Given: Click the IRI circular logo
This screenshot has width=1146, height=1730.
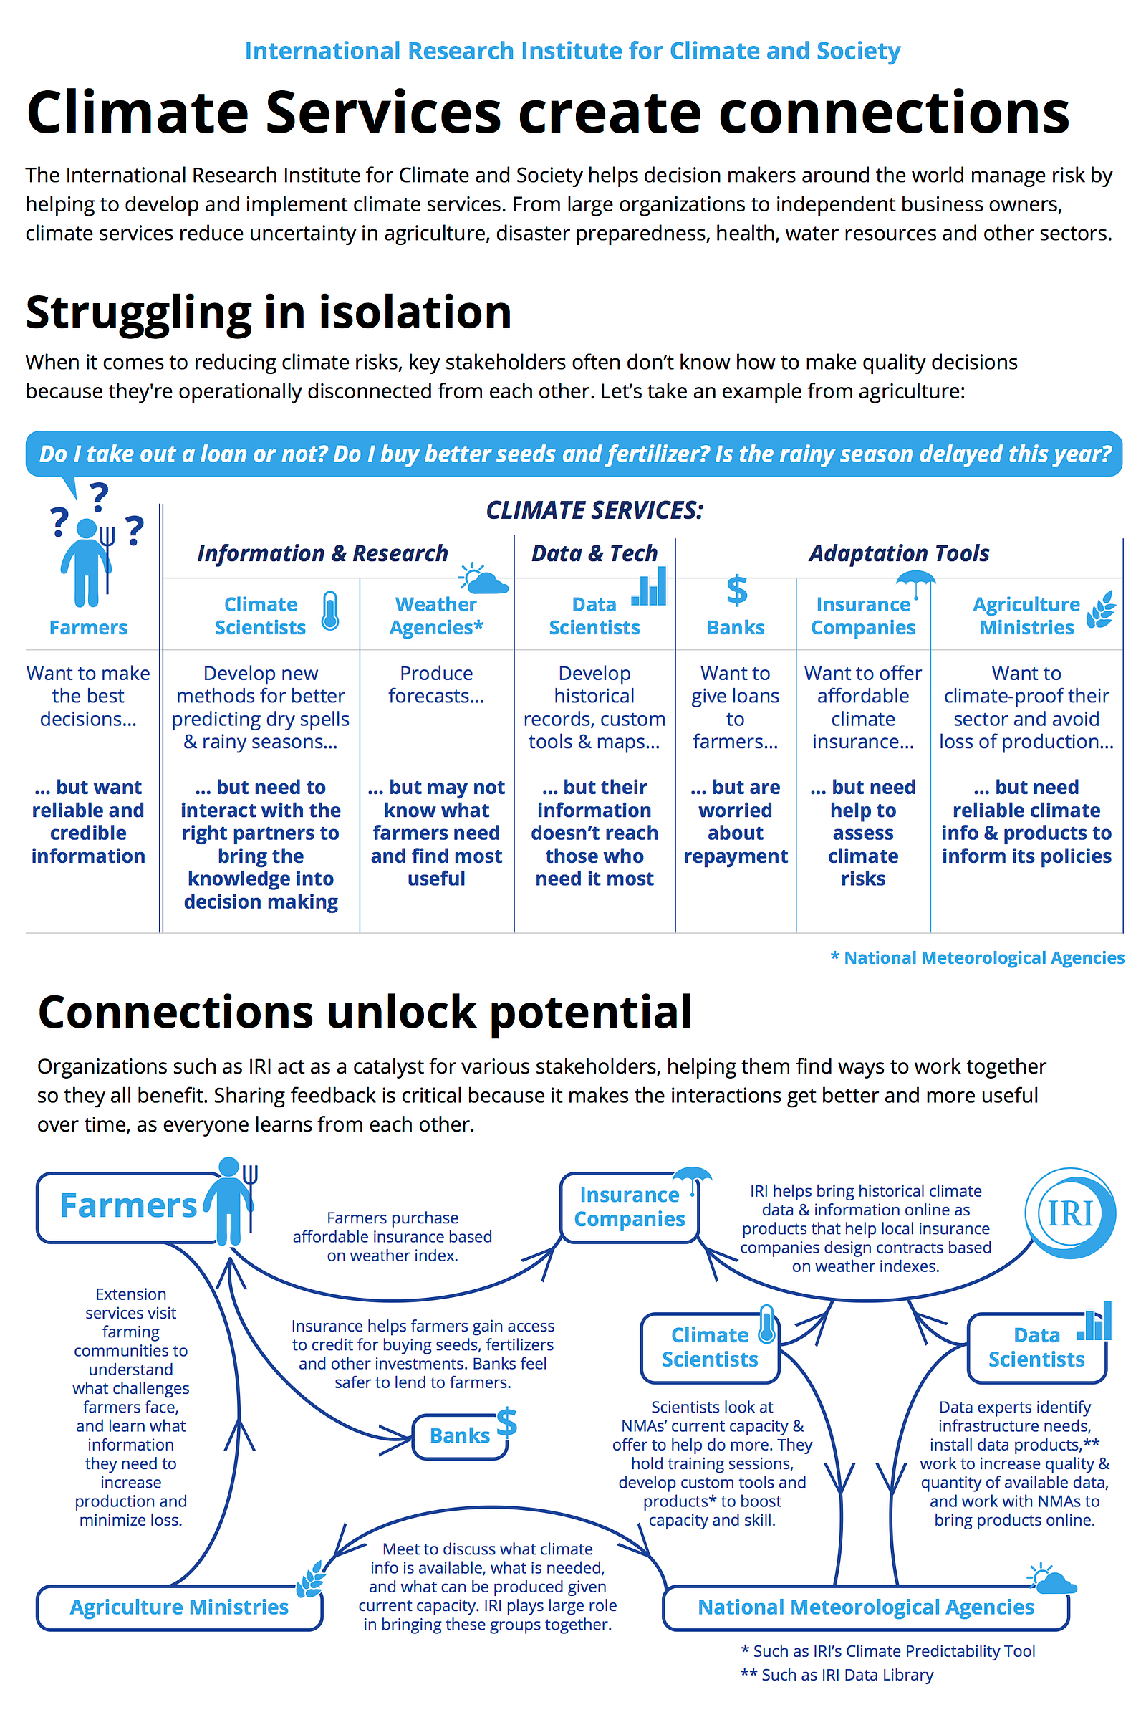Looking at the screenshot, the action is pos(1071,1213).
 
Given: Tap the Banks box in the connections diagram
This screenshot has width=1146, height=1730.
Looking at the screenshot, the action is pos(460,1436).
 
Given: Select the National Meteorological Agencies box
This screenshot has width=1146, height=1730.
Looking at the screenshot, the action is pos(865,1607).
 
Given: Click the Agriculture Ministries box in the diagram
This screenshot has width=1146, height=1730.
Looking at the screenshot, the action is pos(179,1607).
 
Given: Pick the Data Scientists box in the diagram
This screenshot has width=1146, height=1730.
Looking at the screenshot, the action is pos(1036,1347).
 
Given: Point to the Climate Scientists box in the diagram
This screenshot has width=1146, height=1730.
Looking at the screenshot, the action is pos(710,1347).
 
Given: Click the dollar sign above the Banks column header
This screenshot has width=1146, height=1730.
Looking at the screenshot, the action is pos(737,590).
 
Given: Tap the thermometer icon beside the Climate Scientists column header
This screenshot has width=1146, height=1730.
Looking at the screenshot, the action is pos(330,611).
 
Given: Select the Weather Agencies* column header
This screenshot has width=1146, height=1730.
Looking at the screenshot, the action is pos(436,616).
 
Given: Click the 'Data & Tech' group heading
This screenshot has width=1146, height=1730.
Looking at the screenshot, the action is pos(594,553).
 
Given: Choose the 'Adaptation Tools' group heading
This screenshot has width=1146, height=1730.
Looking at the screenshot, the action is pos(899,553).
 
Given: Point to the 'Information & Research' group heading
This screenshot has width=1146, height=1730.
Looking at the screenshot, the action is pos(322,553).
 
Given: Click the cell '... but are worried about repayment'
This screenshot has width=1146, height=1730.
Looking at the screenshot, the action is pos(736,821).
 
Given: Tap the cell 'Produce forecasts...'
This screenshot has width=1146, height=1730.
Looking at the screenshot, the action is pos(436,684).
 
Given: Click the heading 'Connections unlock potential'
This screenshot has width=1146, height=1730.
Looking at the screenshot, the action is pos(365,1013).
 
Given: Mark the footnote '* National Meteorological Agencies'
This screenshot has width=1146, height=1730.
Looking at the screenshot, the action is pos(977,958).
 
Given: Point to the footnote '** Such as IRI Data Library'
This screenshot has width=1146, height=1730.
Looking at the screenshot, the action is pos(837,1674).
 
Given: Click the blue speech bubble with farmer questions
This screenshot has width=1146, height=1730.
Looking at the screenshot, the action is pos(574,454).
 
